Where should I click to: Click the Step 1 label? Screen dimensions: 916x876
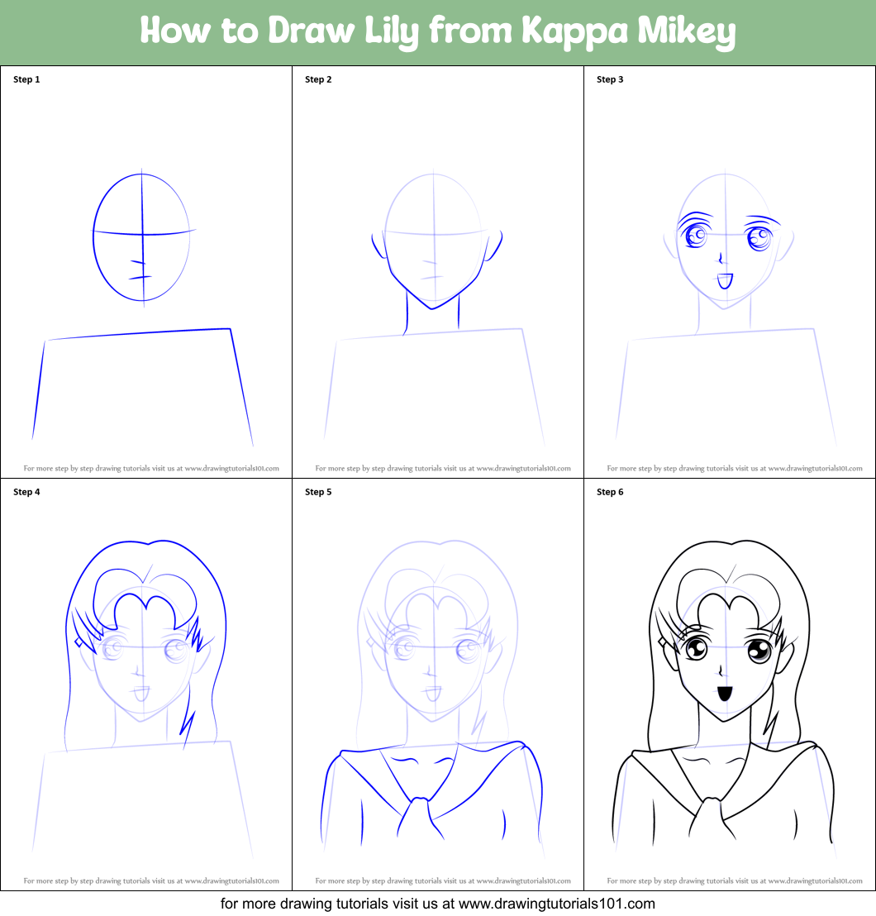point(26,79)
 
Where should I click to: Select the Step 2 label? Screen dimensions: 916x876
point(318,79)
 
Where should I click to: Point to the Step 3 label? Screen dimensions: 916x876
point(610,79)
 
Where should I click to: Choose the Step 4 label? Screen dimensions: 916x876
point(26,492)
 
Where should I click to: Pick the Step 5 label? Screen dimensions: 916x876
point(318,492)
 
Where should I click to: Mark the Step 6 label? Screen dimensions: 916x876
point(610,492)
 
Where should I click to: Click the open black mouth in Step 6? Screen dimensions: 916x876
point(725,693)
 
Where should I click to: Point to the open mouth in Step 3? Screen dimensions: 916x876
point(725,281)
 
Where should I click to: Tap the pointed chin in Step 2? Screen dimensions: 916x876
point(431,308)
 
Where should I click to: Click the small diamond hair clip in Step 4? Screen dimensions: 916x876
point(79,642)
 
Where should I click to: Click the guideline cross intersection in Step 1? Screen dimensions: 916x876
point(143,232)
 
